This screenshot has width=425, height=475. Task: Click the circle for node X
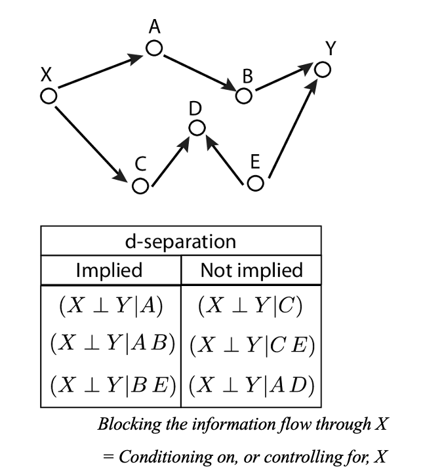click(x=49, y=96)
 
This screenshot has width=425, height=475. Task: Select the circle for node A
click(x=154, y=49)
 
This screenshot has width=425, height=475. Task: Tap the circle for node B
click(x=243, y=96)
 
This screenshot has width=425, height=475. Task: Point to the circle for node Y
click(x=322, y=68)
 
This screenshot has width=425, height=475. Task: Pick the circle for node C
click(x=140, y=186)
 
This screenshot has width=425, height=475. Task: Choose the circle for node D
click(x=197, y=128)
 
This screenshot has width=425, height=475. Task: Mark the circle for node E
click(x=256, y=182)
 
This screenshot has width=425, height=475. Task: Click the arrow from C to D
click(x=169, y=157)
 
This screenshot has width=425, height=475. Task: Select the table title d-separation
click(x=180, y=241)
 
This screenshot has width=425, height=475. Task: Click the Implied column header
click(x=109, y=270)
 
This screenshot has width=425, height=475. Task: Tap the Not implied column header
click(x=251, y=270)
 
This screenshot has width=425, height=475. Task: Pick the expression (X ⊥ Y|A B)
click(x=111, y=344)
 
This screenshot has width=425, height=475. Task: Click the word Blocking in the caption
click(x=125, y=424)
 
